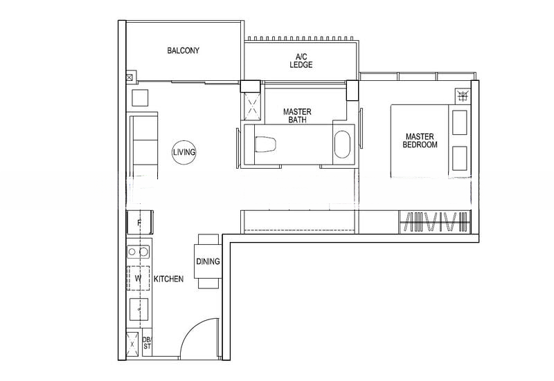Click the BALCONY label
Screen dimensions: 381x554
pyautogui.click(x=184, y=50)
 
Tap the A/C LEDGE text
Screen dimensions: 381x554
pyautogui.click(x=301, y=60)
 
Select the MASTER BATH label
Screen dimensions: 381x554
pyautogui.click(x=297, y=115)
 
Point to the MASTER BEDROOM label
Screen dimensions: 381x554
pyautogui.click(x=421, y=140)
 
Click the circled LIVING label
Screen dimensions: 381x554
pyautogui.click(x=184, y=151)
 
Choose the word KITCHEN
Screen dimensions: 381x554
pyautogui.click(x=168, y=279)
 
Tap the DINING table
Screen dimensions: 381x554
pyautogui.click(x=208, y=261)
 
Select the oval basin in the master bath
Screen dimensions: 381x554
pyautogui.click(x=343, y=145)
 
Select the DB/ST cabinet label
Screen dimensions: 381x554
pyautogui.click(x=147, y=343)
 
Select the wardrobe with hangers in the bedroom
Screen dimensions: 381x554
pyautogui.click(x=436, y=222)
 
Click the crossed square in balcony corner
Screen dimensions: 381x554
pyautogui.click(x=129, y=78)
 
